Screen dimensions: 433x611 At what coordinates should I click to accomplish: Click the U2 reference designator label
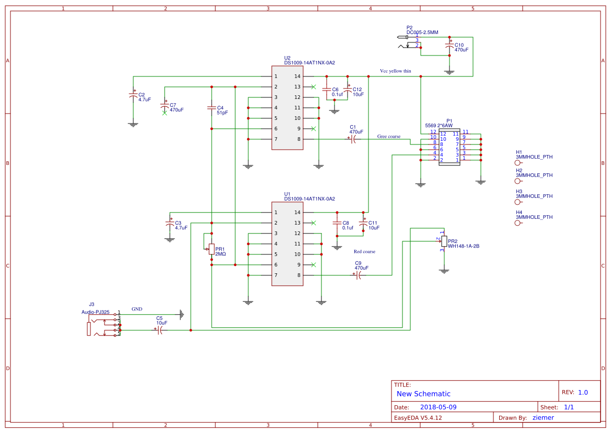(x=287, y=58)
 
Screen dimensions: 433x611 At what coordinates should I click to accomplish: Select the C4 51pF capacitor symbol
(x=211, y=108)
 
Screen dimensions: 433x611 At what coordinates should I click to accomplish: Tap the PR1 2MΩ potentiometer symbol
(x=211, y=249)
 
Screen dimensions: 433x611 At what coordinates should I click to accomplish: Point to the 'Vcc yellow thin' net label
(x=396, y=71)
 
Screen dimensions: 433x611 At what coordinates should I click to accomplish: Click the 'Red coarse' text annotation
(x=364, y=252)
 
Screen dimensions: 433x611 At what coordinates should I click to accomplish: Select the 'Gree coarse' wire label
(x=389, y=137)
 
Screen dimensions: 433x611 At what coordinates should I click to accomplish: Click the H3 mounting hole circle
(x=518, y=202)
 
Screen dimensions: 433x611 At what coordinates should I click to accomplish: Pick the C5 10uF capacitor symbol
(x=159, y=330)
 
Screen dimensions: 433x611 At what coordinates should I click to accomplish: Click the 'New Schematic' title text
(x=423, y=394)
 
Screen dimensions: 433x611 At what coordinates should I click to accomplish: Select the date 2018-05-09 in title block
(x=439, y=407)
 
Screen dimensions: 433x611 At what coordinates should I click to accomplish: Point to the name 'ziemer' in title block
(x=543, y=417)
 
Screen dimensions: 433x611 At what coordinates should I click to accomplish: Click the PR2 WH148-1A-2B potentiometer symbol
(x=444, y=241)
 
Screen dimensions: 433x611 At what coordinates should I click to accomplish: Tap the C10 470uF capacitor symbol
(x=449, y=46)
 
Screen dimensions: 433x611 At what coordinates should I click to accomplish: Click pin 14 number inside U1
(x=297, y=213)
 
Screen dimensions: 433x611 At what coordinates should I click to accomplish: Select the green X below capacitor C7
(x=165, y=113)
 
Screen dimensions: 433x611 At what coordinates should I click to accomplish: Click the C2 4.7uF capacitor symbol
(x=133, y=96)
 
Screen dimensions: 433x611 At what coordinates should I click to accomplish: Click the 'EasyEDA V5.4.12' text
(x=418, y=417)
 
